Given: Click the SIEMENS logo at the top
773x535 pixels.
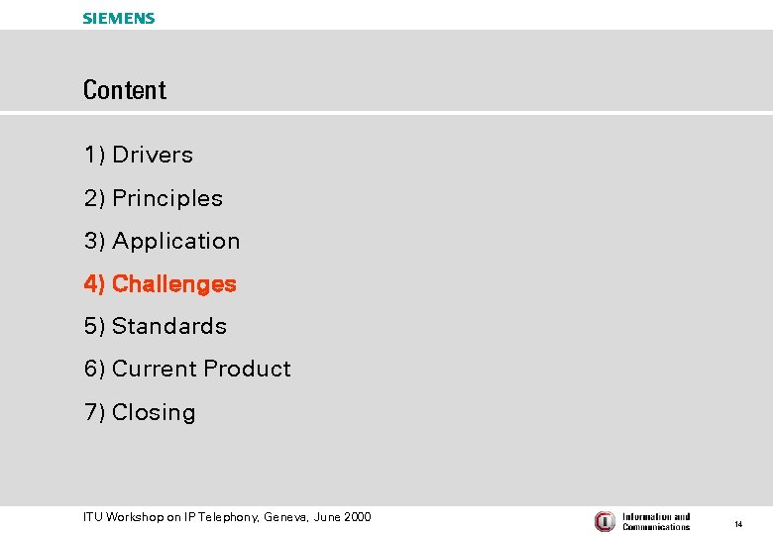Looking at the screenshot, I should point(119,18).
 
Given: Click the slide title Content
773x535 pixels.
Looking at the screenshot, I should point(125,90).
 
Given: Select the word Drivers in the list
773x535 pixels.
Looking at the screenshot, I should point(153,155).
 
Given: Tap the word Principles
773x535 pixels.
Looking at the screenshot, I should point(167,198).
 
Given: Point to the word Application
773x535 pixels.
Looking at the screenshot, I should point(176,241).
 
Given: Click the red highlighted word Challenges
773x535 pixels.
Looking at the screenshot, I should point(174,283).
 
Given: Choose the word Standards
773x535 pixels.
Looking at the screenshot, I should point(169,326).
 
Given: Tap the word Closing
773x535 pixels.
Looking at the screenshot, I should point(154,412).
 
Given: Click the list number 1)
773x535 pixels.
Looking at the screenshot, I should point(94,155).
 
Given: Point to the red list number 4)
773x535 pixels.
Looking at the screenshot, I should point(94,283).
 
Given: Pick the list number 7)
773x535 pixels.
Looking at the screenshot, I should point(94,412).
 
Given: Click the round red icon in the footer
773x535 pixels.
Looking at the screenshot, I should point(605,521).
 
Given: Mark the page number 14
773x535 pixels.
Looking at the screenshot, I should point(738,524).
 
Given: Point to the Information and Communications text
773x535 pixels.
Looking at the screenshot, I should point(656,521).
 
